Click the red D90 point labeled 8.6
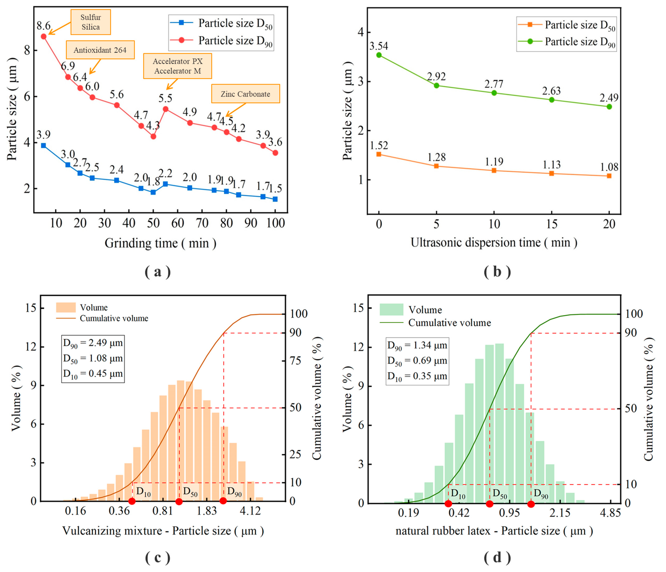(x=44, y=36)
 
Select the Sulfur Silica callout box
(x=91, y=22)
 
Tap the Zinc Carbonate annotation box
(x=246, y=94)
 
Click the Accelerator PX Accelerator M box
(x=177, y=66)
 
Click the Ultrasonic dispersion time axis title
(x=494, y=242)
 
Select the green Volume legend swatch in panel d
(x=391, y=309)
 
